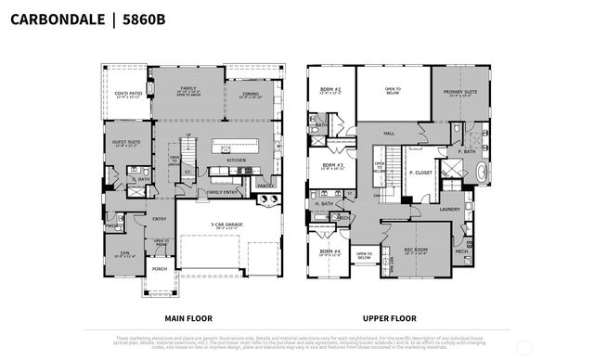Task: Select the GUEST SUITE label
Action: click(x=127, y=142)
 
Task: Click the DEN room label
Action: click(x=124, y=253)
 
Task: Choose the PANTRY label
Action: click(x=265, y=186)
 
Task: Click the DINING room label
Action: click(x=251, y=93)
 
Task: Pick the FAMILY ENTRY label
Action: click(x=221, y=192)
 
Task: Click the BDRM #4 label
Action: click(x=330, y=251)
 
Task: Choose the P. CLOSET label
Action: click(x=422, y=173)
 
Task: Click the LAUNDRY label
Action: click(x=450, y=210)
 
